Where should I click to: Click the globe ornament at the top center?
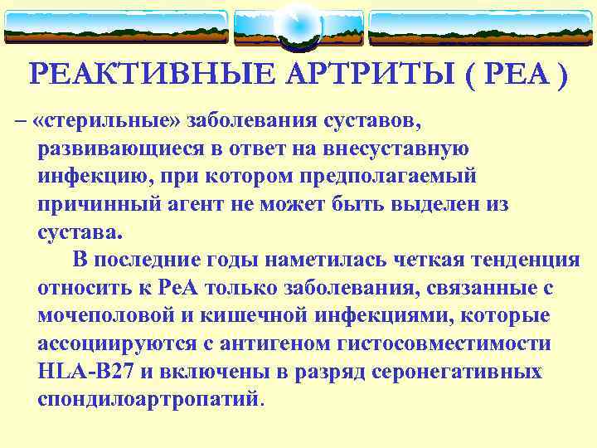coord(298,26)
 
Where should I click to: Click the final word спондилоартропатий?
coord(148,399)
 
